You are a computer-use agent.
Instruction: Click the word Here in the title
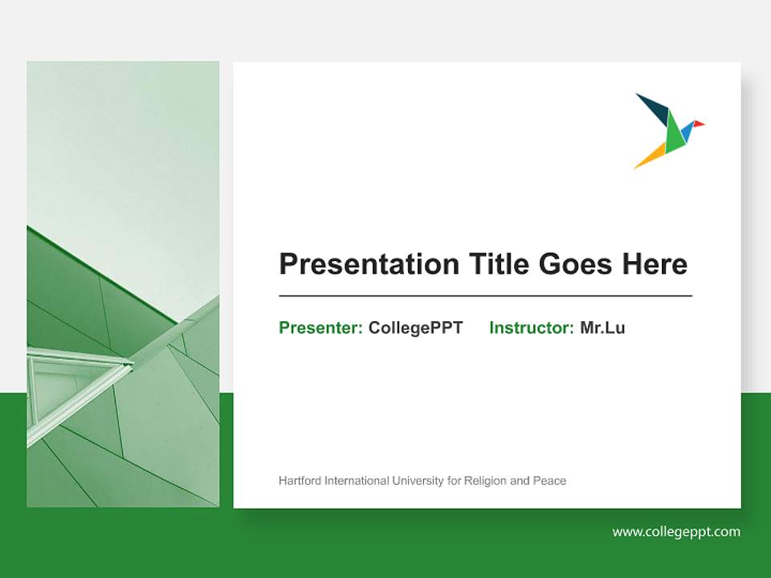coord(654,264)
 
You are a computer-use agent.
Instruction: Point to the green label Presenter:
coord(320,328)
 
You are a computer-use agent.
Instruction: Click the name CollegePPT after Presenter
coord(415,328)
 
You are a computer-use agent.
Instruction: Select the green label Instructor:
coord(531,328)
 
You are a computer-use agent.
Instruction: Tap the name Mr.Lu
coord(602,328)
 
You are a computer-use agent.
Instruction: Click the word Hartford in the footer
coord(300,481)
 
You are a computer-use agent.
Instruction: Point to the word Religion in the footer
coord(485,481)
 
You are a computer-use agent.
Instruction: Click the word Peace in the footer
coord(549,481)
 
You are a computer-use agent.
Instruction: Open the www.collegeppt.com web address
coord(676,531)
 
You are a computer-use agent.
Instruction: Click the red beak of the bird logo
coord(699,124)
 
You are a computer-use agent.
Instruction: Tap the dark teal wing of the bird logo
coord(654,109)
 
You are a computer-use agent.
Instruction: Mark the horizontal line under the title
coord(485,296)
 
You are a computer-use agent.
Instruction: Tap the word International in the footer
coord(357,481)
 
